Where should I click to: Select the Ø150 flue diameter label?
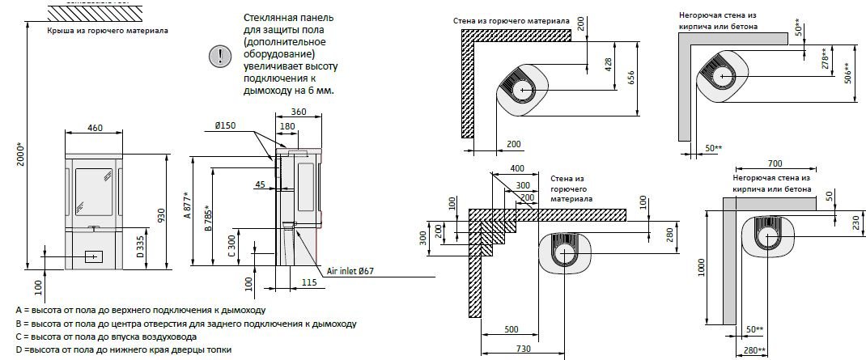pos(225,125)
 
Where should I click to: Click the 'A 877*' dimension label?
pos(188,207)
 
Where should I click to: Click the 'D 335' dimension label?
pos(140,244)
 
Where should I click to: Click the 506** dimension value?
pos(847,72)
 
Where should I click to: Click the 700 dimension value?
pos(775,164)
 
